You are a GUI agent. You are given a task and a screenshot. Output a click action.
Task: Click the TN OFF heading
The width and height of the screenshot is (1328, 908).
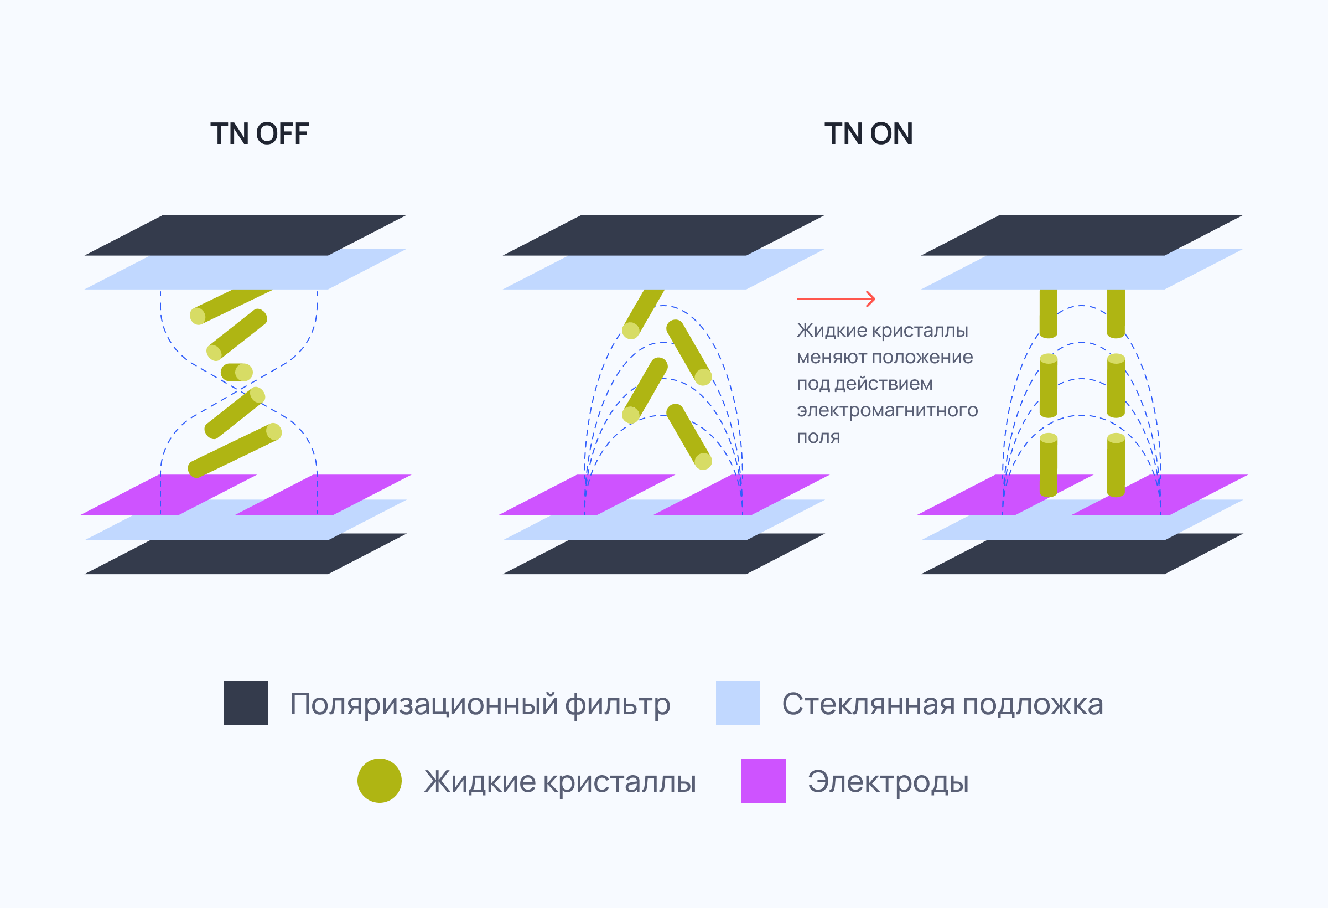(260, 134)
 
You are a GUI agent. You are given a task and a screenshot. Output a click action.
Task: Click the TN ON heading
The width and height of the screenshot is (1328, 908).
(869, 134)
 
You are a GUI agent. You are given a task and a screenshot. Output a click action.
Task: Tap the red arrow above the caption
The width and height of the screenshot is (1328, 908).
(836, 298)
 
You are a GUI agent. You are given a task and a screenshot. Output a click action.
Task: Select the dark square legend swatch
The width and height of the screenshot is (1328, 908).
(246, 703)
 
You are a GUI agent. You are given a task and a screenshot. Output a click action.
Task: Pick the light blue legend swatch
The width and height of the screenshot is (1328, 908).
(738, 703)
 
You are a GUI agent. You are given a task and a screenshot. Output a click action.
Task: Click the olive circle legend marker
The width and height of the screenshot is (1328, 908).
(380, 781)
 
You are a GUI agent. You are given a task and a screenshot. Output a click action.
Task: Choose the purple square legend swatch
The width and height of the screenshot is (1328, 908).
(764, 781)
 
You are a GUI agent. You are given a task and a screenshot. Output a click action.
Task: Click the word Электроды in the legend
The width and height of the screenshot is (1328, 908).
(888, 782)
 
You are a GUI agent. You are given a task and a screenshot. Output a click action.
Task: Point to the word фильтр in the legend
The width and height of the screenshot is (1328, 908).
(618, 705)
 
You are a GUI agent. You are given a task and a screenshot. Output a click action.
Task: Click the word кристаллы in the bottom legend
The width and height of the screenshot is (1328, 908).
(619, 782)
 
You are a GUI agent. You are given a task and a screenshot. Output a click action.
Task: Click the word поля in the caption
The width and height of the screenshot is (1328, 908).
(818, 437)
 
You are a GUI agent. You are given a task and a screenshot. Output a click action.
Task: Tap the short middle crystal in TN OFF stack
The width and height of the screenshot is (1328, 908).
(237, 372)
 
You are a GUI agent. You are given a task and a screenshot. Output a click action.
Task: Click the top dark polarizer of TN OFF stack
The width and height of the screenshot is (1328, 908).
(246, 235)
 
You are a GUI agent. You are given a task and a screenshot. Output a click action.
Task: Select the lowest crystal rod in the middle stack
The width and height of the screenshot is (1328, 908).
(689, 437)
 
